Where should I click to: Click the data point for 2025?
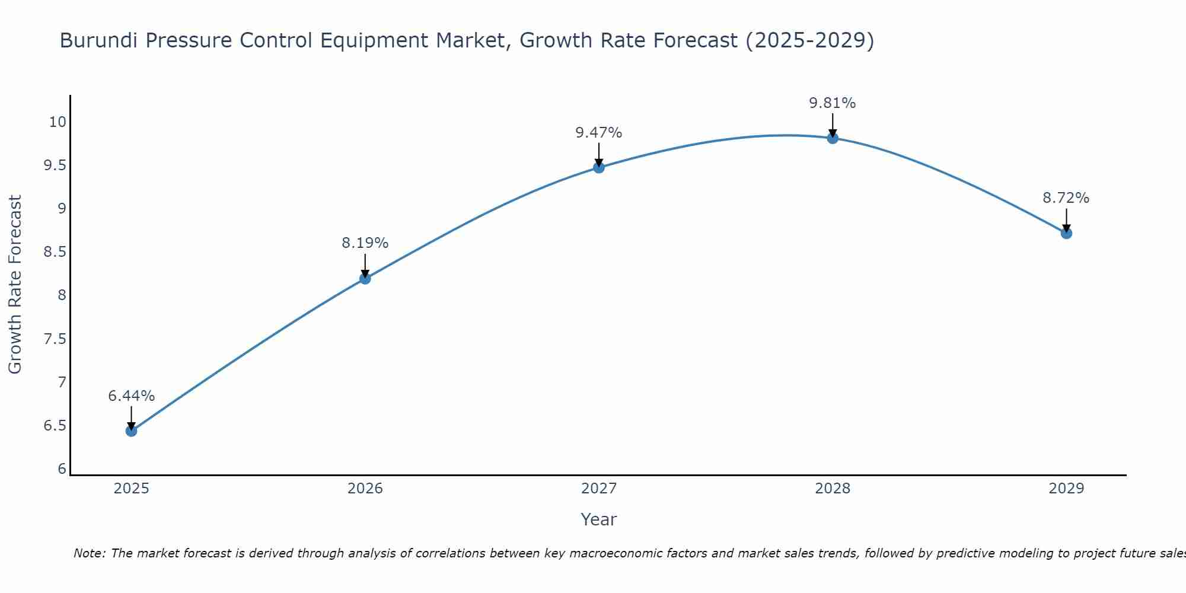click(131, 431)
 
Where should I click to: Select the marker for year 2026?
click(365, 278)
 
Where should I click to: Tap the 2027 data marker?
click(598, 167)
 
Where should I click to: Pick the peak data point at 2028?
click(832, 138)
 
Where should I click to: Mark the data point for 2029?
click(1066, 233)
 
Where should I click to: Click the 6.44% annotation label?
click(131, 396)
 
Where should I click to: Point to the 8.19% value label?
click(365, 243)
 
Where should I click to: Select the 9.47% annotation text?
click(598, 133)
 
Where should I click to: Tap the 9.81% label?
click(832, 103)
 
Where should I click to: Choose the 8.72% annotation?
click(1066, 198)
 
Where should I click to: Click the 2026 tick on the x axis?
click(365, 489)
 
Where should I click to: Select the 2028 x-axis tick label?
click(832, 489)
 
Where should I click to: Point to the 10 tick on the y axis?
click(57, 122)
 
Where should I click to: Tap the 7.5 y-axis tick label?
click(55, 339)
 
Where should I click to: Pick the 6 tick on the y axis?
click(62, 469)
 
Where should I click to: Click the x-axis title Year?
click(598, 519)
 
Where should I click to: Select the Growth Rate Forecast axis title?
click(15, 284)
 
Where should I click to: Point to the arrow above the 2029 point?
click(1066, 220)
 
